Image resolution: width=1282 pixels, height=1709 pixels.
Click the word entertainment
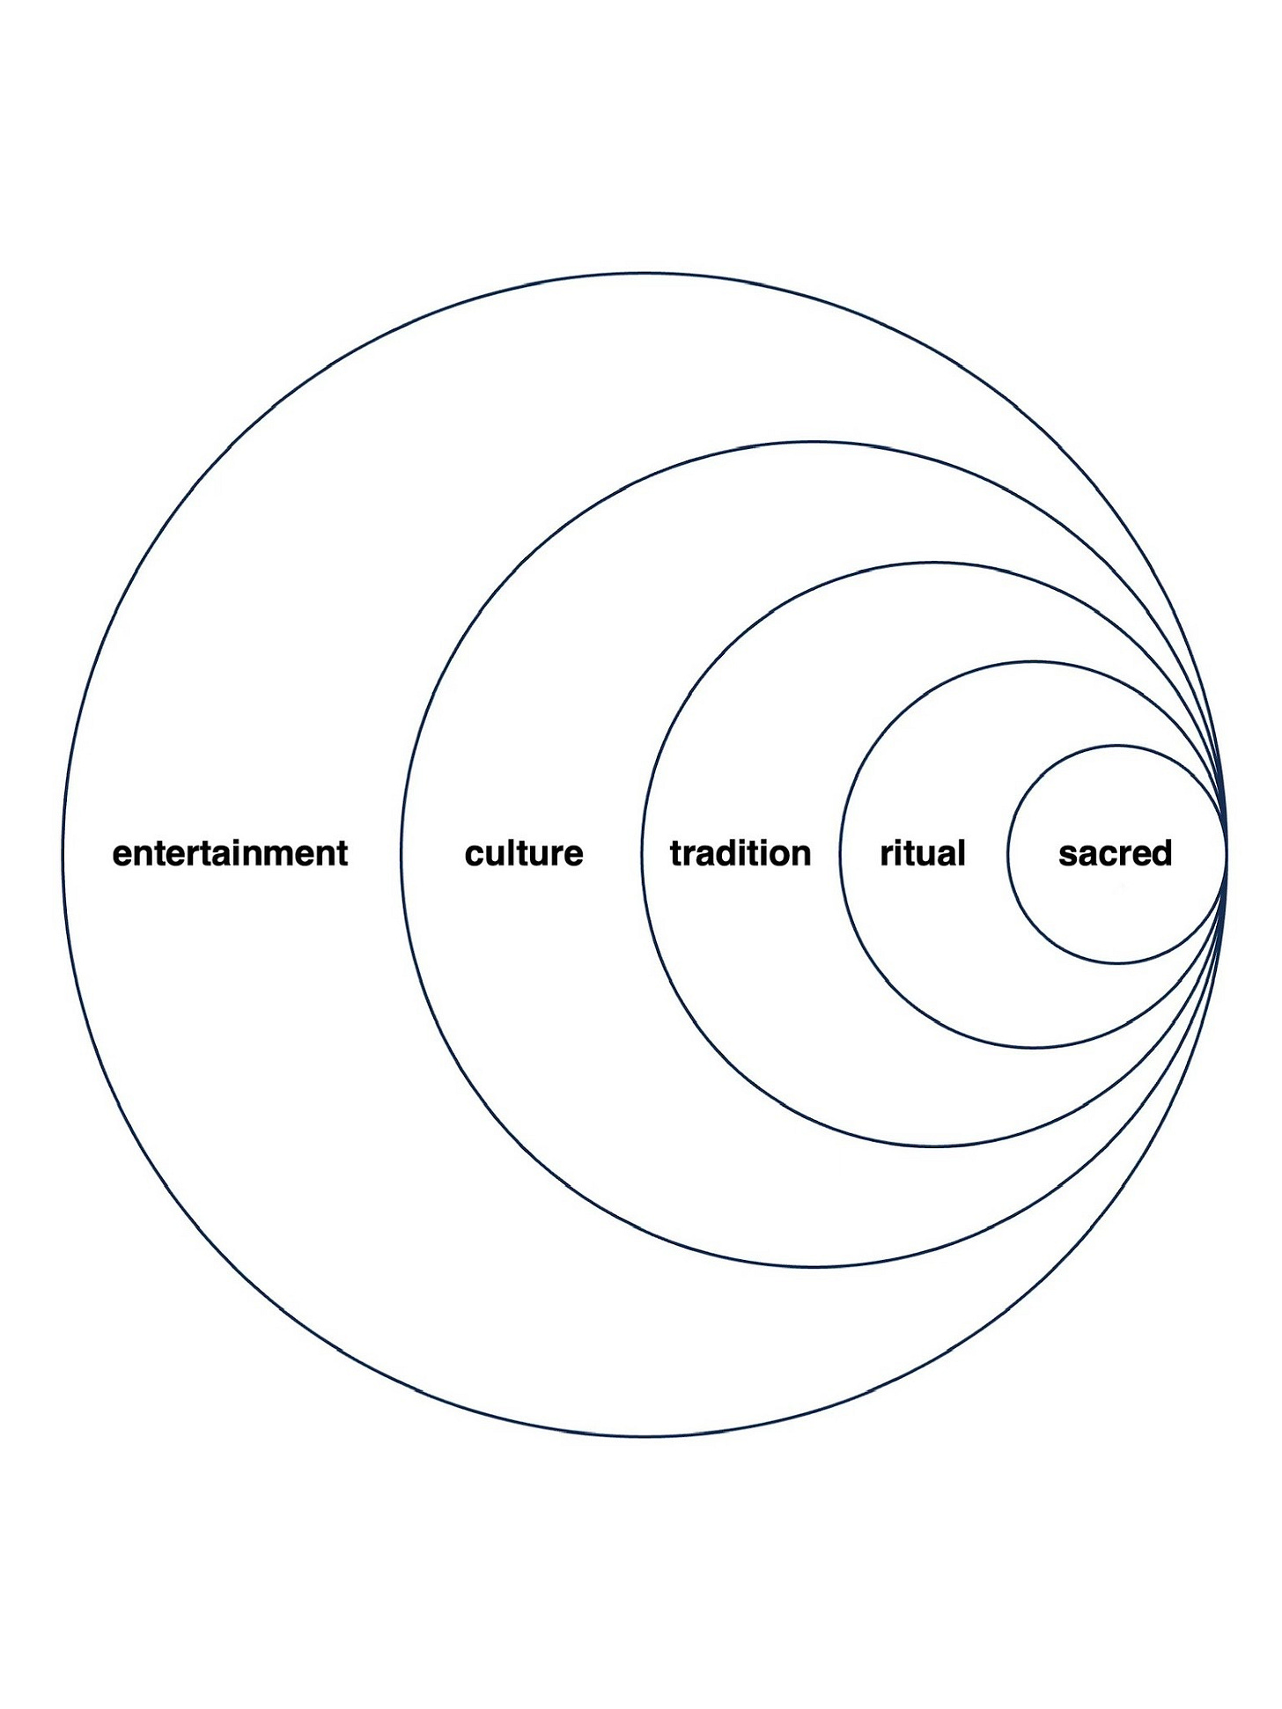[230, 853]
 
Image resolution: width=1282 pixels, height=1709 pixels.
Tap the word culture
[524, 853]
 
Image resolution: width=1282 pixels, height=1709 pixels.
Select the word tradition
[740, 853]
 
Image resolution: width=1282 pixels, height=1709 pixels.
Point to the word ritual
[923, 853]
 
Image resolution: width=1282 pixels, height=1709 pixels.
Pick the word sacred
[1115, 853]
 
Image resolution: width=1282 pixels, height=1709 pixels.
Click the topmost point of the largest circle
[644, 273]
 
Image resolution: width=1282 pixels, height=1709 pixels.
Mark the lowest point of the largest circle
[644, 1436]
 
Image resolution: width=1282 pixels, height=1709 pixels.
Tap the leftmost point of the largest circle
[63, 854]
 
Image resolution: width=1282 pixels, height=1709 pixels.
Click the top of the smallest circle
[1117, 746]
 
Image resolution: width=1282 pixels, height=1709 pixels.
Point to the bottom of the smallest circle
[1117, 963]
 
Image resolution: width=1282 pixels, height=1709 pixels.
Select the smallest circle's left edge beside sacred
[1008, 854]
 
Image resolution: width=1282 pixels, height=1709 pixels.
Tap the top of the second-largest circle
[814, 442]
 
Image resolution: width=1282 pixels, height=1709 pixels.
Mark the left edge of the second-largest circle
[402, 854]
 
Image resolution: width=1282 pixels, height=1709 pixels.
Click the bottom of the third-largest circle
[934, 1145]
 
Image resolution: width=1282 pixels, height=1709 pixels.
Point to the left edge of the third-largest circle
[643, 854]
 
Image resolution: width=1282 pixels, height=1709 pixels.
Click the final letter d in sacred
[1162, 852]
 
